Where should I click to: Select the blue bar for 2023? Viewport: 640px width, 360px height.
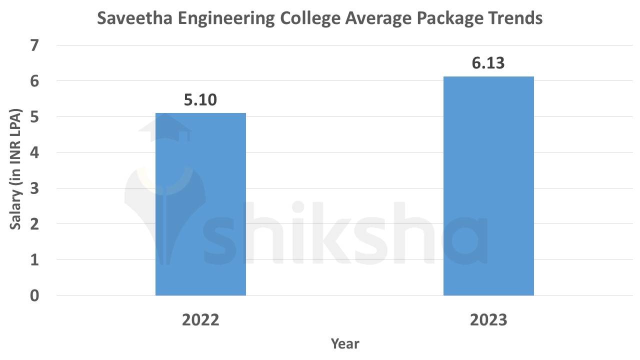(x=488, y=186)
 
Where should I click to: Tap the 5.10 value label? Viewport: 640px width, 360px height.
(x=200, y=100)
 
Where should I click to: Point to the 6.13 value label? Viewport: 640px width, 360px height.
(x=488, y=63)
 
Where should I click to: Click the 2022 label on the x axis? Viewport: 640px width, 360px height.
(x=200, y=319)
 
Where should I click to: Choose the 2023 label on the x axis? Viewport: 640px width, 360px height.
(x=488, y=319)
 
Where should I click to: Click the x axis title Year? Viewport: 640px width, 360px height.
(x=344, y=343)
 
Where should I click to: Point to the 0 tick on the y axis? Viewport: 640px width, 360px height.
(x=34, y=295)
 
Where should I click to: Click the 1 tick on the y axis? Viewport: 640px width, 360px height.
(x=34, y=260)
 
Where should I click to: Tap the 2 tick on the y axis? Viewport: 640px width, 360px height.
(x=34, y=224)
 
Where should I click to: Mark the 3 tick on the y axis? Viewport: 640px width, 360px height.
(x=34, y=188)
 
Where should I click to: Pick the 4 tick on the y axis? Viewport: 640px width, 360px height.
(x=34, y=152)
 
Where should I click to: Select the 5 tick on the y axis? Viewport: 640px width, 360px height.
(x=34, y=117)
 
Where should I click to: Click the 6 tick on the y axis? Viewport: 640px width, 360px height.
(x=34, y=81)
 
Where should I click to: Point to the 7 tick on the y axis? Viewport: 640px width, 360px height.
(x=34, y=45)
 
